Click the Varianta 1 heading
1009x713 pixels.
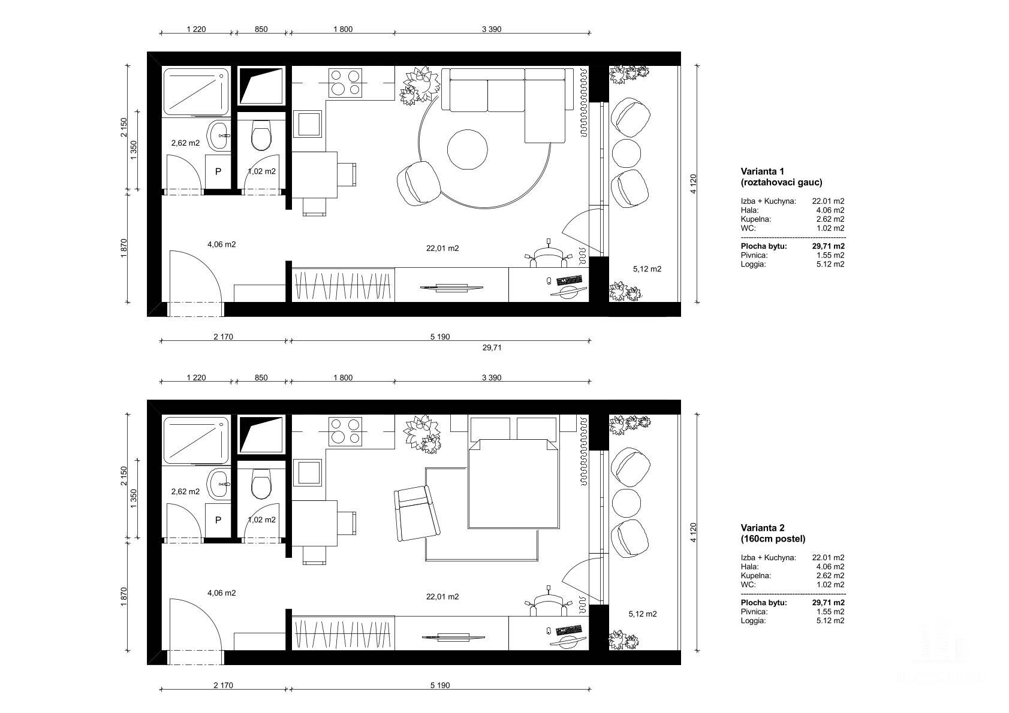coord(762,171)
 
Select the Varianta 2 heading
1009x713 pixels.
coord(763,527)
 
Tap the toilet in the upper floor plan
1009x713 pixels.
coord(261,135)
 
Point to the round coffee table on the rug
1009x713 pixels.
coord(467,149)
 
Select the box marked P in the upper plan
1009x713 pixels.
coord(218,171)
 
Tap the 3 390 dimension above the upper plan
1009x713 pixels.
coord(492,29)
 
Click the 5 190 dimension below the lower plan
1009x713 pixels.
coord(439,685)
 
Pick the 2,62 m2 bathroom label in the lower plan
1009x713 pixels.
coord(185,491)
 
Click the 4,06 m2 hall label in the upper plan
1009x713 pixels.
coord(222,244)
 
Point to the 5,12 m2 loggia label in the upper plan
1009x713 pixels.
coord(647,269)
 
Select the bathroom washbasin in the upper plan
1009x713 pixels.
coord(219,135)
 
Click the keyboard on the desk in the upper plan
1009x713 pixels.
coord(570,280)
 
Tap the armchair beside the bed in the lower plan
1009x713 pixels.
coord(417,513)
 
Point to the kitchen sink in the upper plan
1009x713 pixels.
coord(308,124)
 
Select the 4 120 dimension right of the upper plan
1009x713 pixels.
coord(693,184)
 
